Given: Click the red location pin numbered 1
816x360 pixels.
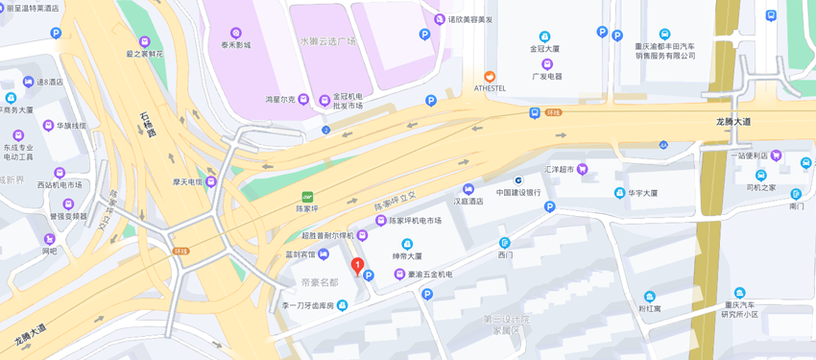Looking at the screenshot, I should [x=357, y=266].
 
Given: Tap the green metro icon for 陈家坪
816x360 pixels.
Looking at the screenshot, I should [x=307, y=197].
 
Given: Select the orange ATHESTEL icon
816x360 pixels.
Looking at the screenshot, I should [x=490, y=76].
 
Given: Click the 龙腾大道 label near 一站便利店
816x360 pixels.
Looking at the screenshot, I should [x=733, y=122].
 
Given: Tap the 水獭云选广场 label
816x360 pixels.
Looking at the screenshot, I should [x=327, y=41].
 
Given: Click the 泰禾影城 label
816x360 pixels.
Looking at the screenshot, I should [x=235, y=45].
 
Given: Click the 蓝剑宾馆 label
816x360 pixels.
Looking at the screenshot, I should [x=300, y=254].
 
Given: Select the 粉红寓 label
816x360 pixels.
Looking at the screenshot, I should [x=650, y=308].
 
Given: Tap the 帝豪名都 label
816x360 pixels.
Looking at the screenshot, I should [x=320, y=282].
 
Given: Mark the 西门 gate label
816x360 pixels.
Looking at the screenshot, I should [x=505, y=254].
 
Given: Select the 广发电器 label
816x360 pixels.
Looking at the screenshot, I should [x=546, y=76].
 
